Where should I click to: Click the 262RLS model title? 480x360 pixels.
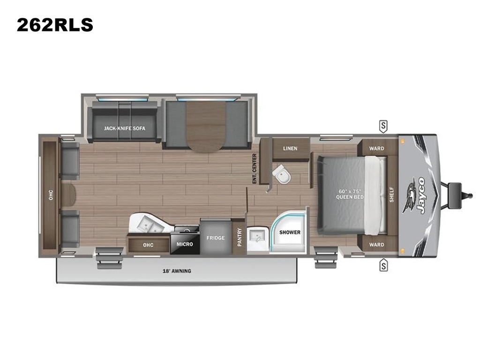tap(55, 25)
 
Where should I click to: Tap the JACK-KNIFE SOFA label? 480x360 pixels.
tap(124, 128)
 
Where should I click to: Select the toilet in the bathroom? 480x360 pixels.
tap(281, 174)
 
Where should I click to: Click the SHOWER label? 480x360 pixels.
tap(290, 232)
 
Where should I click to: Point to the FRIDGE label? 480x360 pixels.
tap(216, 238)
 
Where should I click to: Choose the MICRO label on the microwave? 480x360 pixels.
tap(185, 244)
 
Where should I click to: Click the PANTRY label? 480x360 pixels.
tap(240, 237)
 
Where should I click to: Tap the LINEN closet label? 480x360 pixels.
tap(290, 149)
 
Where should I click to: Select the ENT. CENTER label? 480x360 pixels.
tap(255, 169)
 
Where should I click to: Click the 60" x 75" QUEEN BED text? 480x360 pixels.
tap(350, 194)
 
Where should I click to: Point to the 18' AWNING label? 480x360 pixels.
tap(177, 271)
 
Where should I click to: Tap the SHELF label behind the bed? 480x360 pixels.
tap(391, 195)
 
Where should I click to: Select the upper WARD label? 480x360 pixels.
tap(376, 149)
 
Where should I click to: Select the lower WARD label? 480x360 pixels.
tap(376, 245)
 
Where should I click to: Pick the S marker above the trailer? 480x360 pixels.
tap(383, 126)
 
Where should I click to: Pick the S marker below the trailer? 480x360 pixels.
tap(383, 265)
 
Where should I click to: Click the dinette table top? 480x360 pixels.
tap(206, 127)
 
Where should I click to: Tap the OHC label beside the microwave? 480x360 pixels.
tap(148, 245)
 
